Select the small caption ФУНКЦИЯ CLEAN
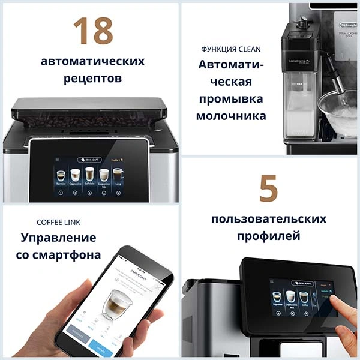click(x=231, y=49)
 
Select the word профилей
click(x=268, y=236)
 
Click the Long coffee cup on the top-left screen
click(x=118, y=176)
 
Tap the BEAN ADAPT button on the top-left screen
click(x=89, y=160)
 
